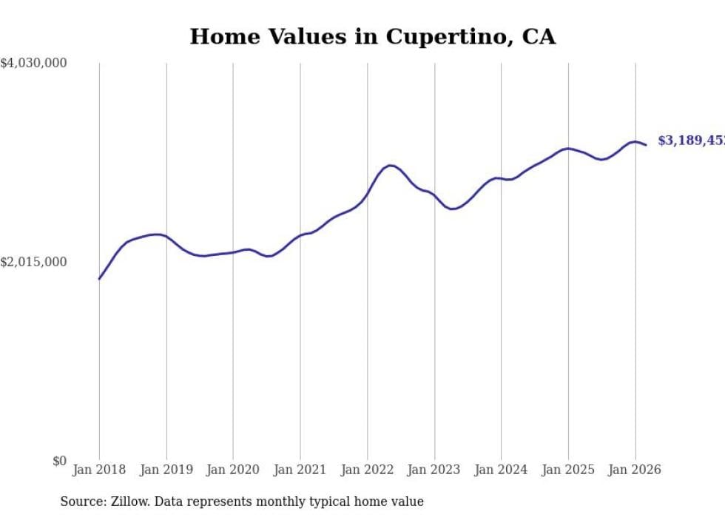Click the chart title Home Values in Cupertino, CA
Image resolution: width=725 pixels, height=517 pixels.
[372, 36]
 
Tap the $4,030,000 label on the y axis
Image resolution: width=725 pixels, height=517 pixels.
[33, 64]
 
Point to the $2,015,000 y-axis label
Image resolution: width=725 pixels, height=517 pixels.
[33, 262]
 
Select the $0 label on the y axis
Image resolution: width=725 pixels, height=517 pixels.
[59, 461]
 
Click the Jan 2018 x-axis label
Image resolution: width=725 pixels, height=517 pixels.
[99, 470]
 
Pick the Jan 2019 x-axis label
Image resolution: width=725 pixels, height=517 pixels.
[166, 470]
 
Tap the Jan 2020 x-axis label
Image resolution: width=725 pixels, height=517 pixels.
[233, 470]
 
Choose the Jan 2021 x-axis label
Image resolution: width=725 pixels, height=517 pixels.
[300, 470]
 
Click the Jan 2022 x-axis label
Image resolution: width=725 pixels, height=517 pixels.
[367, 470]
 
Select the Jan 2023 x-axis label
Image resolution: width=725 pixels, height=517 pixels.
[434, 470]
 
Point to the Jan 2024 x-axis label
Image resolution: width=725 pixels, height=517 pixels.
[501, 470]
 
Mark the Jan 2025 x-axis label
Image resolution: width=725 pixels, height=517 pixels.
[568, 470]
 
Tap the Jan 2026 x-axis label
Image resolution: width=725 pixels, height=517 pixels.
[635, 470]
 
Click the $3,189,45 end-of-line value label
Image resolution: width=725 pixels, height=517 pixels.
[691, 141]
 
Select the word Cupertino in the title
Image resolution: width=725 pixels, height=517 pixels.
[439, 36]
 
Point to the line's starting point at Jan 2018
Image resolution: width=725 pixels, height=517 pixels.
[99, 279]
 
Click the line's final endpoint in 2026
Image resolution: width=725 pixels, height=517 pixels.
[646, 145]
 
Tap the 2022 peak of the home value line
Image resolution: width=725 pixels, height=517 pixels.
[390, 165]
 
